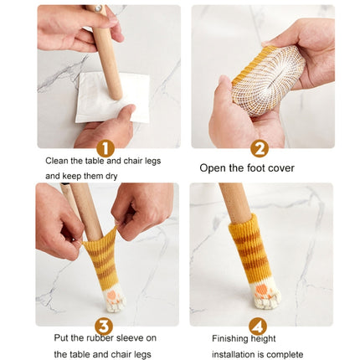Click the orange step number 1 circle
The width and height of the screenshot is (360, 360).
point(105,148)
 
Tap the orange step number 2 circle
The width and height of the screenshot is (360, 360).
point(260,148)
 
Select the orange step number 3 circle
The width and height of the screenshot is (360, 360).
point(105,326)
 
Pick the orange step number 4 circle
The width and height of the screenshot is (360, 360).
point(260,326)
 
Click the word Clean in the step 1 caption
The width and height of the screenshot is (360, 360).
point(57,160)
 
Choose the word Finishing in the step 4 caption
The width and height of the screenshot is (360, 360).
point(229,339)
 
